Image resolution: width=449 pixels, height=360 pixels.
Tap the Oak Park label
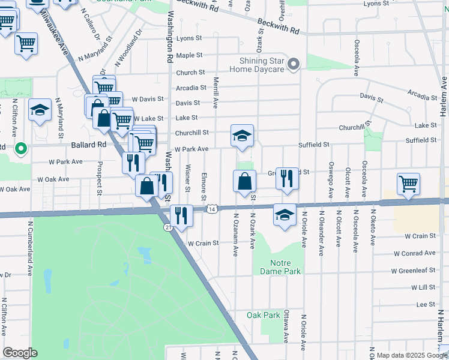click(x=264, y=315)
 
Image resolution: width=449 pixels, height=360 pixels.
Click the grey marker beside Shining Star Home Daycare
click(x=294, y=64)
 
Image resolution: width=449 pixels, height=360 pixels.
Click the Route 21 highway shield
click(x=168, y=226)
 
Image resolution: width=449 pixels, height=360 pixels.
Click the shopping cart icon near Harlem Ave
click(x=409, y=183)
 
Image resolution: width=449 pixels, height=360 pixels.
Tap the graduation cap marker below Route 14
click(x=285, y=215)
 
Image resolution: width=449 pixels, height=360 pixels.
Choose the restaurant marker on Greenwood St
click(x=287, y=178)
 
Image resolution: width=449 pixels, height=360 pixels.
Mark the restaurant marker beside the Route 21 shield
click(x=181, y=215)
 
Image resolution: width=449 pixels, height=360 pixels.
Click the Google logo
click(x=20, y=353)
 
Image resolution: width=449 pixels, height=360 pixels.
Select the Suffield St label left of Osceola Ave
click(x=315, y=145)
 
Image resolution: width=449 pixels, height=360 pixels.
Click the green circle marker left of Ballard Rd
click(x=20, y=148)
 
